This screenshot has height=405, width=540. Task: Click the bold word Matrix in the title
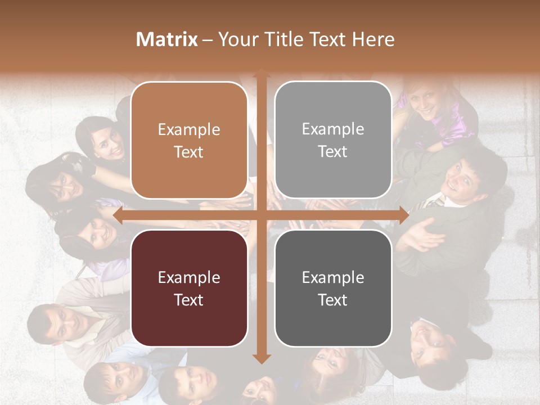(x=167, y=39)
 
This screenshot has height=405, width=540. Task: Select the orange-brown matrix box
(x=189, y=140)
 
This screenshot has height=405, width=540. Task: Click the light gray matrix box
(x=333, y=140)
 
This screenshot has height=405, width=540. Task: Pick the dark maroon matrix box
(x=189, y=288)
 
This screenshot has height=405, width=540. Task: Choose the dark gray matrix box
(x=333, y=288)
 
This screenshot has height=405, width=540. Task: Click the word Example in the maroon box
(x=189, y=277)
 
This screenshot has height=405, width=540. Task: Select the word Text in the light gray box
(x=333, y=152)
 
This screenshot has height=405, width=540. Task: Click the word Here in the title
(x=373, y=39)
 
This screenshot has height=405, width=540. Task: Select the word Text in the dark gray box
(x=333, y=300)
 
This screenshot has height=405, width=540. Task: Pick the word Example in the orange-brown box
(x=189, y=129)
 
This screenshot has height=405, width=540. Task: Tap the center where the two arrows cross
(x=261, y=215)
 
